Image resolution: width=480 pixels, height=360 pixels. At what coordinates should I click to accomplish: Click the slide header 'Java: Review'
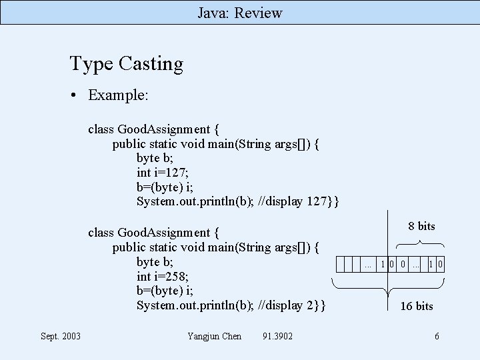(x=240, y=13)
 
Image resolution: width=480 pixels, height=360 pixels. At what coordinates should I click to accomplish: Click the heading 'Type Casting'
(x=126, y=64)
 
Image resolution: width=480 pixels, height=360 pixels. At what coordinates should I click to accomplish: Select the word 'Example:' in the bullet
(x=118, y=95)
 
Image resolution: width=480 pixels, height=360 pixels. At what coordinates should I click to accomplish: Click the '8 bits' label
(x=421, y=226)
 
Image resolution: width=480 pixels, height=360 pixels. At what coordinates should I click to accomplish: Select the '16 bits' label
(x=416, y=306)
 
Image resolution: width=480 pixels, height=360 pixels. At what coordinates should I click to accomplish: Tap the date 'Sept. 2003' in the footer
(x=61, y=336)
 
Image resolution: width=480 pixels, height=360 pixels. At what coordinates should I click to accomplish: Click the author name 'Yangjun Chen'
(x=215, y=336)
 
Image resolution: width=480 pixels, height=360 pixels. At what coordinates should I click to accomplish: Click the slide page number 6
(x=437, y=336)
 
